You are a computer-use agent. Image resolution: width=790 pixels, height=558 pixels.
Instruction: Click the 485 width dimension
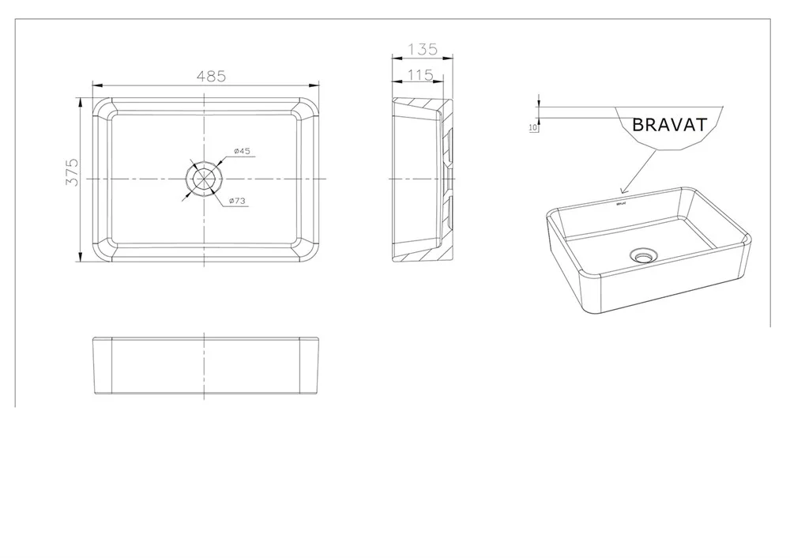coord(211,76)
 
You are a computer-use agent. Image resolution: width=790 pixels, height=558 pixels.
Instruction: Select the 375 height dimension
coord(73,172)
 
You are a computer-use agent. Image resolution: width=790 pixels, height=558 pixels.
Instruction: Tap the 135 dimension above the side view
coord(423,50)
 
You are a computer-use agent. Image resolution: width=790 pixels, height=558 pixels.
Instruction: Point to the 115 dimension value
coord(420,74)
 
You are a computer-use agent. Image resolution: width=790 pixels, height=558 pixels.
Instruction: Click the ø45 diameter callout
coord(242,151)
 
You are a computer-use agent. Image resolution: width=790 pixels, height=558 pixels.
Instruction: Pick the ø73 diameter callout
coord(237,201)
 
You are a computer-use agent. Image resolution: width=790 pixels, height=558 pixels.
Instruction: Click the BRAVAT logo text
coord(670,125)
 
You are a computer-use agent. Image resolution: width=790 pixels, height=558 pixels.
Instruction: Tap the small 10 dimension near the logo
coord(533,127)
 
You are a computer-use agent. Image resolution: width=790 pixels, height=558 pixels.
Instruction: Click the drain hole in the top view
coord(204,179)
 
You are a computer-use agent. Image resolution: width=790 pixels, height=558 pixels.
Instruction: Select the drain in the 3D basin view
coord(642,255)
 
